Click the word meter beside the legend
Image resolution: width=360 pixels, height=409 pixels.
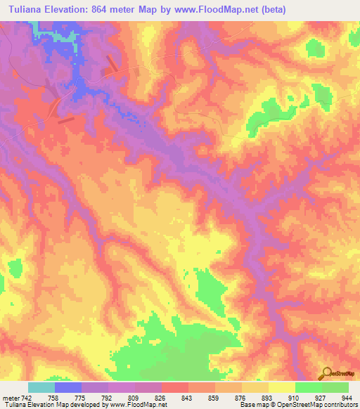12,398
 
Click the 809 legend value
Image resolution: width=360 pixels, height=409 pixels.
136,398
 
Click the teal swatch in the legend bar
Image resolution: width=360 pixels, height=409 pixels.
41,387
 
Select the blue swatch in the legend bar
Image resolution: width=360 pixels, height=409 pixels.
68,387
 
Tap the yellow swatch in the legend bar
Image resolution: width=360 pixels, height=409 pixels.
281,387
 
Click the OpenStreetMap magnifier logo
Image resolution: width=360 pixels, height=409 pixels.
327,372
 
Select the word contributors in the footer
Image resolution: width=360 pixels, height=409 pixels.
337,405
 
